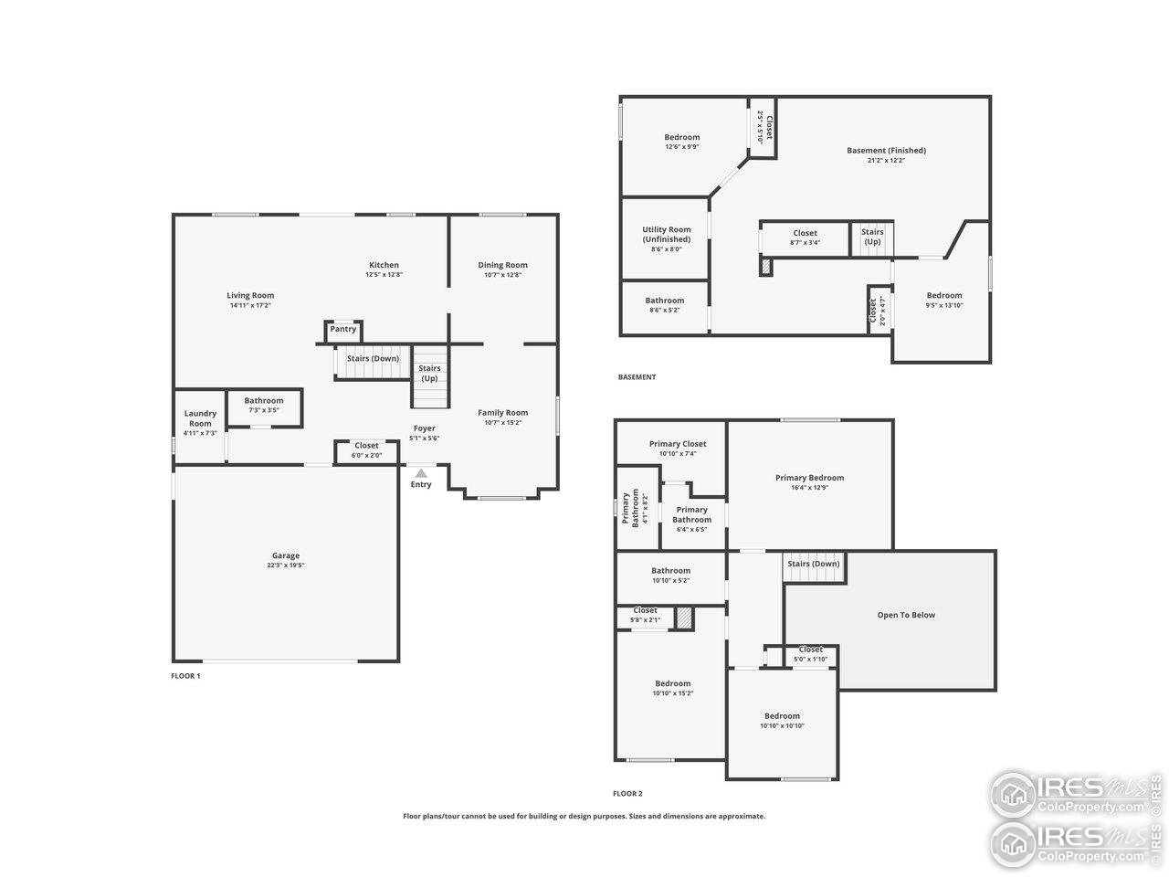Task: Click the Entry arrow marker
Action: pyautogui.click(x=421, y=473)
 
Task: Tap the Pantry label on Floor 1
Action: pyautogui.click(x=343, y=329)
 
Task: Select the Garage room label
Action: pyautogui.click(x=285, y=555)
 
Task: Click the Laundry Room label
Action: pyautogui.click(x=200, y=418)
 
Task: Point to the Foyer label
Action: pyautogui.click(x=424, y=428)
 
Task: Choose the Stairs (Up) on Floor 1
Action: pyautogui.click(x=429, y=373)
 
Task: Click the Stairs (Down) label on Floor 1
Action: pyautogui.click(x=373, y=358)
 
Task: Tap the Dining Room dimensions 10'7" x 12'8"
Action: pyautogui.click(x=502, y=275)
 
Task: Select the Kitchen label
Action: pyautogui.click(x=384, y=265)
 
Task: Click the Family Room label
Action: pyautogui.click(x=503, y=412)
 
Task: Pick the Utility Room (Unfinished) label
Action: pyautogui.click(x=666, y=235)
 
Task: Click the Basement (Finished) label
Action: pyautogui.click(x=886, y=151)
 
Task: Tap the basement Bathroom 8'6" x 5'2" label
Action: pyautogui.click(x=664, y=301)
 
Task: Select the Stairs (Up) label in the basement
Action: pyautogui.click(x=872, y=237)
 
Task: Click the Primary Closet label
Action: pyautogui.click(x=677, y=444)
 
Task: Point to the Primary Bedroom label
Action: pyautogui.click(x=809, y=478)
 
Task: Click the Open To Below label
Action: pyautogui.click(x=906, y=615)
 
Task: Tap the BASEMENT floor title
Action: pyautogui.click(x=637, y=377)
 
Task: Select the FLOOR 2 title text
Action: pyautogui.click(x=627, y=794)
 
